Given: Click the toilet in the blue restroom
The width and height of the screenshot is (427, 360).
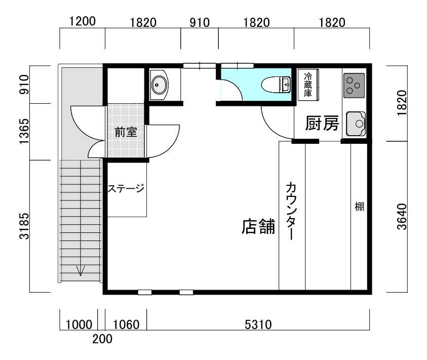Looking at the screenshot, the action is (x=276, y=85).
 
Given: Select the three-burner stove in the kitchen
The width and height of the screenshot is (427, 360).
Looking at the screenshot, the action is (x=354, y=86).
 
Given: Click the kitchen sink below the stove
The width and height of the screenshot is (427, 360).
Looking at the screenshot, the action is (x=356, y=124).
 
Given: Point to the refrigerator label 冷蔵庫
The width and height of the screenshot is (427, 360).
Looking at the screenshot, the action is (x=308, y=85).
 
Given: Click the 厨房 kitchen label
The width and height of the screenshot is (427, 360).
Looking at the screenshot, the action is (x=322, y=124).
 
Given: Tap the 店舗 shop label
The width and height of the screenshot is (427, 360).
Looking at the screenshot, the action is (x=258, y=226).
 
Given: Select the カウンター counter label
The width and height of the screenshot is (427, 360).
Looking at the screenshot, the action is (x=291, y=211).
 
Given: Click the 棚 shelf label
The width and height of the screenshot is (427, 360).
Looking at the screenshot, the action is (x=360, y=207).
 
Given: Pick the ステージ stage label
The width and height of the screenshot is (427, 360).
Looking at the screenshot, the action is (x=126, y=188).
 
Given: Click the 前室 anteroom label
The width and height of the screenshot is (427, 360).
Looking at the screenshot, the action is (x=126, y=132).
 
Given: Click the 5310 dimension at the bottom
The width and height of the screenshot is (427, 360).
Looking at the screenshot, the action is (x=258, y=325).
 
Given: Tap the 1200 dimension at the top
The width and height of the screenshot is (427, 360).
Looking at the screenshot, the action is (x=83, y=21).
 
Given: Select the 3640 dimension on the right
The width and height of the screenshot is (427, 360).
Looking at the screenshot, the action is (x=402, y=217).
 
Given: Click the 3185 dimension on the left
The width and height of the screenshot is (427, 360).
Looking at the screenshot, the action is (x=24, y=226).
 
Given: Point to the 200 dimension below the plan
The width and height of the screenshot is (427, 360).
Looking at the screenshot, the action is (x=102, y=339).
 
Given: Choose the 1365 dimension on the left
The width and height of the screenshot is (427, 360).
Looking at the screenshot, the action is (x=24, y=131).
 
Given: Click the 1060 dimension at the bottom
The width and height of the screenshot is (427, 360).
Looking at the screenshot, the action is (x=126, y=325).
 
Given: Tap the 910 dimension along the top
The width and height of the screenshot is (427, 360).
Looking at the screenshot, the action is (x=200, y=23).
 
